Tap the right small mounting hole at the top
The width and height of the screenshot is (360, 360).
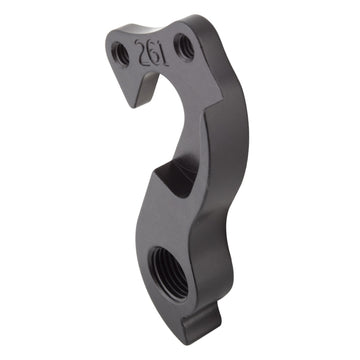click(184, 43)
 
